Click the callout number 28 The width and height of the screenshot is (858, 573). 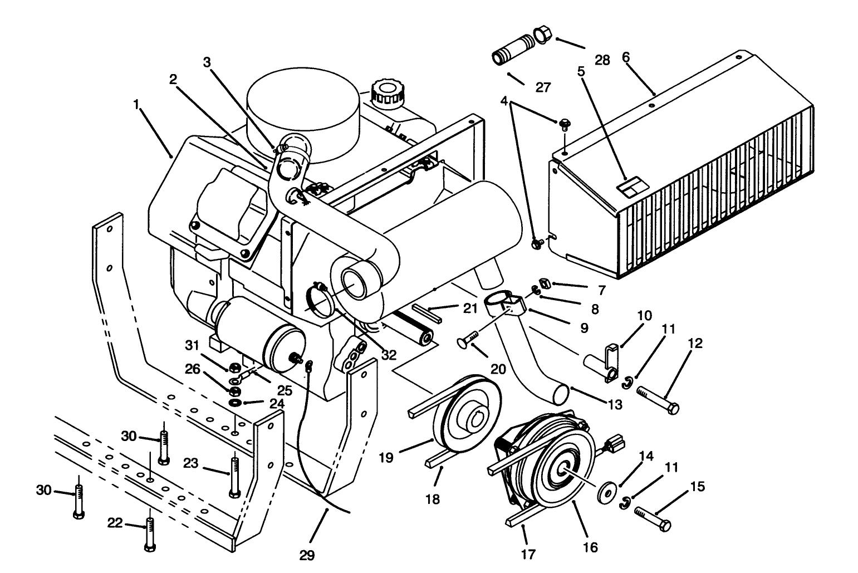[602, 60]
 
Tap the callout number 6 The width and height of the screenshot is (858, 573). [625, 57]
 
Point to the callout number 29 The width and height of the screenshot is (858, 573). [307, 555]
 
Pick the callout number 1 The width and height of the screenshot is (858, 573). [135, 104]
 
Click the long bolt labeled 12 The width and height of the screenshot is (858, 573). [657, 399]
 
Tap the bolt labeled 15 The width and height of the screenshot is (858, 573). [652, 518]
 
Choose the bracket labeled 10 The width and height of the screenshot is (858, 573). [610, 362]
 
